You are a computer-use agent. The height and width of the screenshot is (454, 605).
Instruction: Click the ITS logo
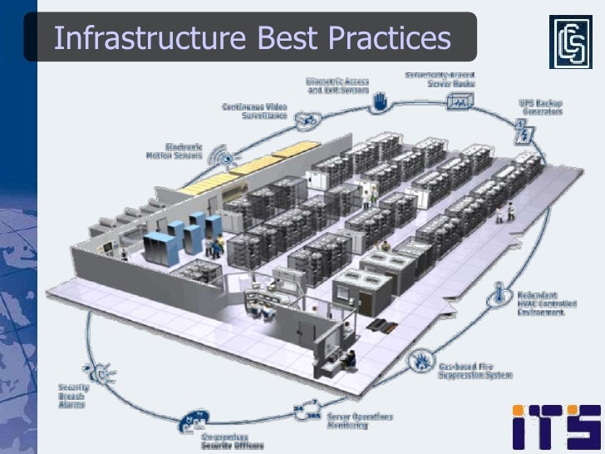coord(556,426)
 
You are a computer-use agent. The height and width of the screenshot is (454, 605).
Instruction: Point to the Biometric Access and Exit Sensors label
coord(337,85)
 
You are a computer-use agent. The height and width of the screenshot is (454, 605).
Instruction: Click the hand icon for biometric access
coord(381,103)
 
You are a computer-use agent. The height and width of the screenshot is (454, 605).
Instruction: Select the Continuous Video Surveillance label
coord(254,111)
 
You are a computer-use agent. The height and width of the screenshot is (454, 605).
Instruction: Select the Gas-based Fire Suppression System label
coord(475,371)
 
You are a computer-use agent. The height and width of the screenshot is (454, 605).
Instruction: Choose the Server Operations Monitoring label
coord(359,421)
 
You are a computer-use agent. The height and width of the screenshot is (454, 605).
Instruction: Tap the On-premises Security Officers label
coord(232,441)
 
